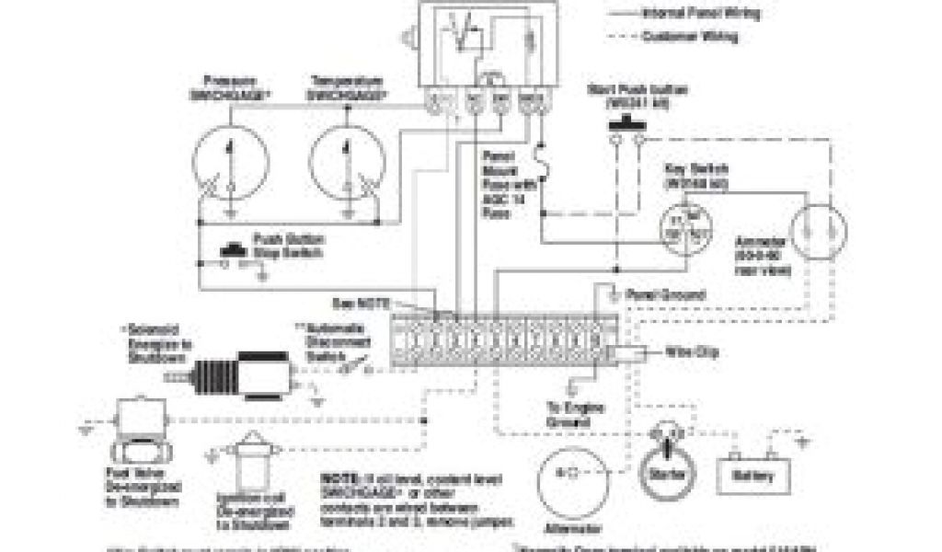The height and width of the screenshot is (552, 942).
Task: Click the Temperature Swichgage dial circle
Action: [349, 165]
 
